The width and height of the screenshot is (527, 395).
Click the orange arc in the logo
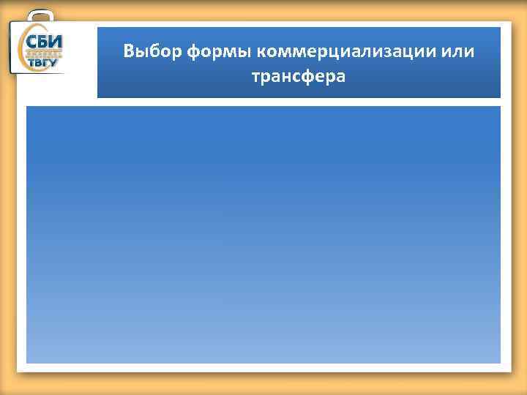coord(24,51)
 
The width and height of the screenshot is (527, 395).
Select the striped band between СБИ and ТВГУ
coord(45,52)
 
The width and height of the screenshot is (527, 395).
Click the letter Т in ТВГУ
coord(31,63)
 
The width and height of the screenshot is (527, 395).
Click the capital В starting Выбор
coord(129,52)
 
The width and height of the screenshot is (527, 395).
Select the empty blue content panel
coord(263,234)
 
